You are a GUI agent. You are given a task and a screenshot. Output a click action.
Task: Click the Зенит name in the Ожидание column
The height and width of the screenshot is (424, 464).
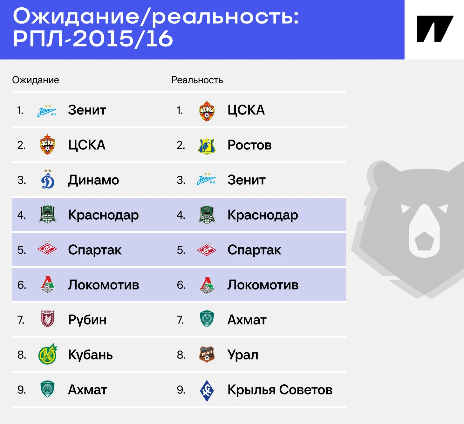pos(87,110)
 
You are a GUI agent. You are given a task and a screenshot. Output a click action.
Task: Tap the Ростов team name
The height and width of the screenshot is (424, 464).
pos(249,145)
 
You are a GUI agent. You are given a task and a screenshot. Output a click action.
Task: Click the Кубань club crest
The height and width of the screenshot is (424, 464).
pos(48,354)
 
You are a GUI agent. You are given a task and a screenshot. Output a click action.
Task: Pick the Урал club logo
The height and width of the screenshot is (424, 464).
pos(207,354)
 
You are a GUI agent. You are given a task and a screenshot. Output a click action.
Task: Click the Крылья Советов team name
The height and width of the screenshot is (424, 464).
pos(280,390)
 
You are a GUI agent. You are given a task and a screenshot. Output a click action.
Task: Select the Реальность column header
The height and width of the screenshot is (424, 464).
pos(197,80)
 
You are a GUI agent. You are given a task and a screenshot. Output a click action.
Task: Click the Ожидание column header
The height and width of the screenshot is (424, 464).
pos(36,80)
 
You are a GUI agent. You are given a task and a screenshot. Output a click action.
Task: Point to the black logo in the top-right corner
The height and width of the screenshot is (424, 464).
pos(435,29)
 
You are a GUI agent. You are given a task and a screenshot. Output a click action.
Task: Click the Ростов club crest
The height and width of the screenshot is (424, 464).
pos(207,146)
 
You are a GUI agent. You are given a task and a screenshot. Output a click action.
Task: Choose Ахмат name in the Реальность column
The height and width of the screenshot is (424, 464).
pos(247,320)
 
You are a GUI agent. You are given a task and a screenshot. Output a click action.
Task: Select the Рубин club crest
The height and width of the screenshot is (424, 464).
pos(47,319)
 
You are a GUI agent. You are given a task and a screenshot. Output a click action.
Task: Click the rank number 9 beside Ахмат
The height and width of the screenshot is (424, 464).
pos(22,390)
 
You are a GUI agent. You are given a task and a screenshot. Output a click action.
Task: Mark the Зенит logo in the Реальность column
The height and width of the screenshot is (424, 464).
pos(207,179)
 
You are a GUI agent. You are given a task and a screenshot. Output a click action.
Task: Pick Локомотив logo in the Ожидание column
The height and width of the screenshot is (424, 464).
pos(47,284)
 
